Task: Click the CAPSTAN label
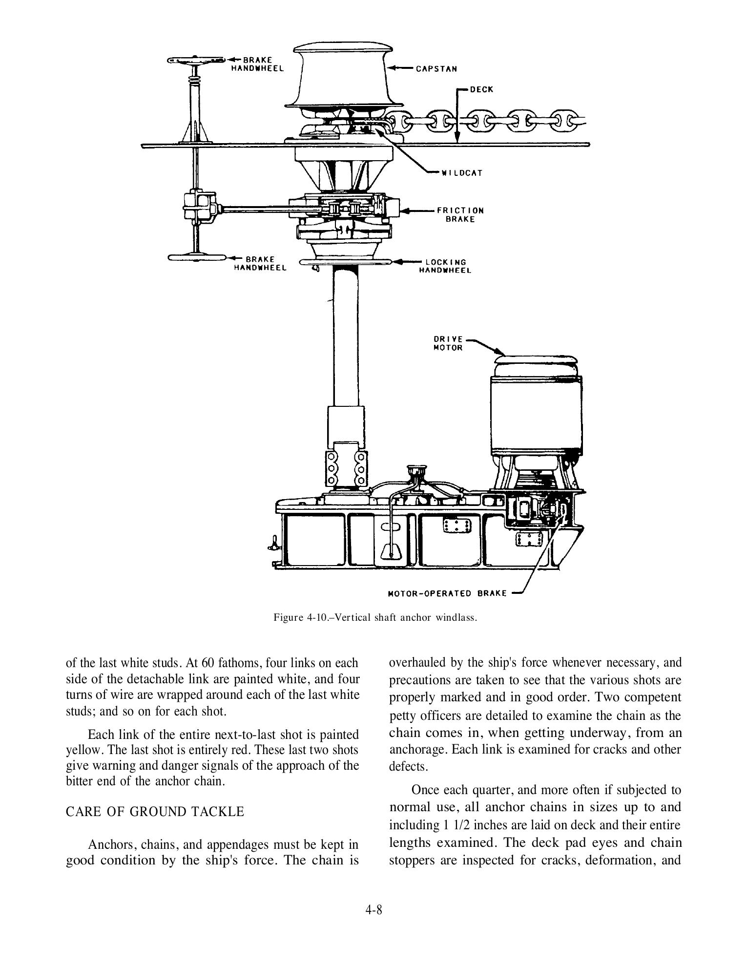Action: pyautogui.click(x=436, y=69)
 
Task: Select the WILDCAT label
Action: pyautogui.click(x=461, y=173)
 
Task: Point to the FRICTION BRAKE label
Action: pyautogui.click(x=460, y=215)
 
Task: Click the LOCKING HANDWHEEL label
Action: pyautogui.click(x=445, y=266)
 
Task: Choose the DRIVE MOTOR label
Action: pyautogui.click(x=448, y=343)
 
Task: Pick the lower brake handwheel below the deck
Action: pyautogui.click(x=195, y=257)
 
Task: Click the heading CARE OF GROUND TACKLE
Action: pyautogui.click(x=155, y=812)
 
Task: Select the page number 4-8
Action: pyautogui.click(x=373, y=910)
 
